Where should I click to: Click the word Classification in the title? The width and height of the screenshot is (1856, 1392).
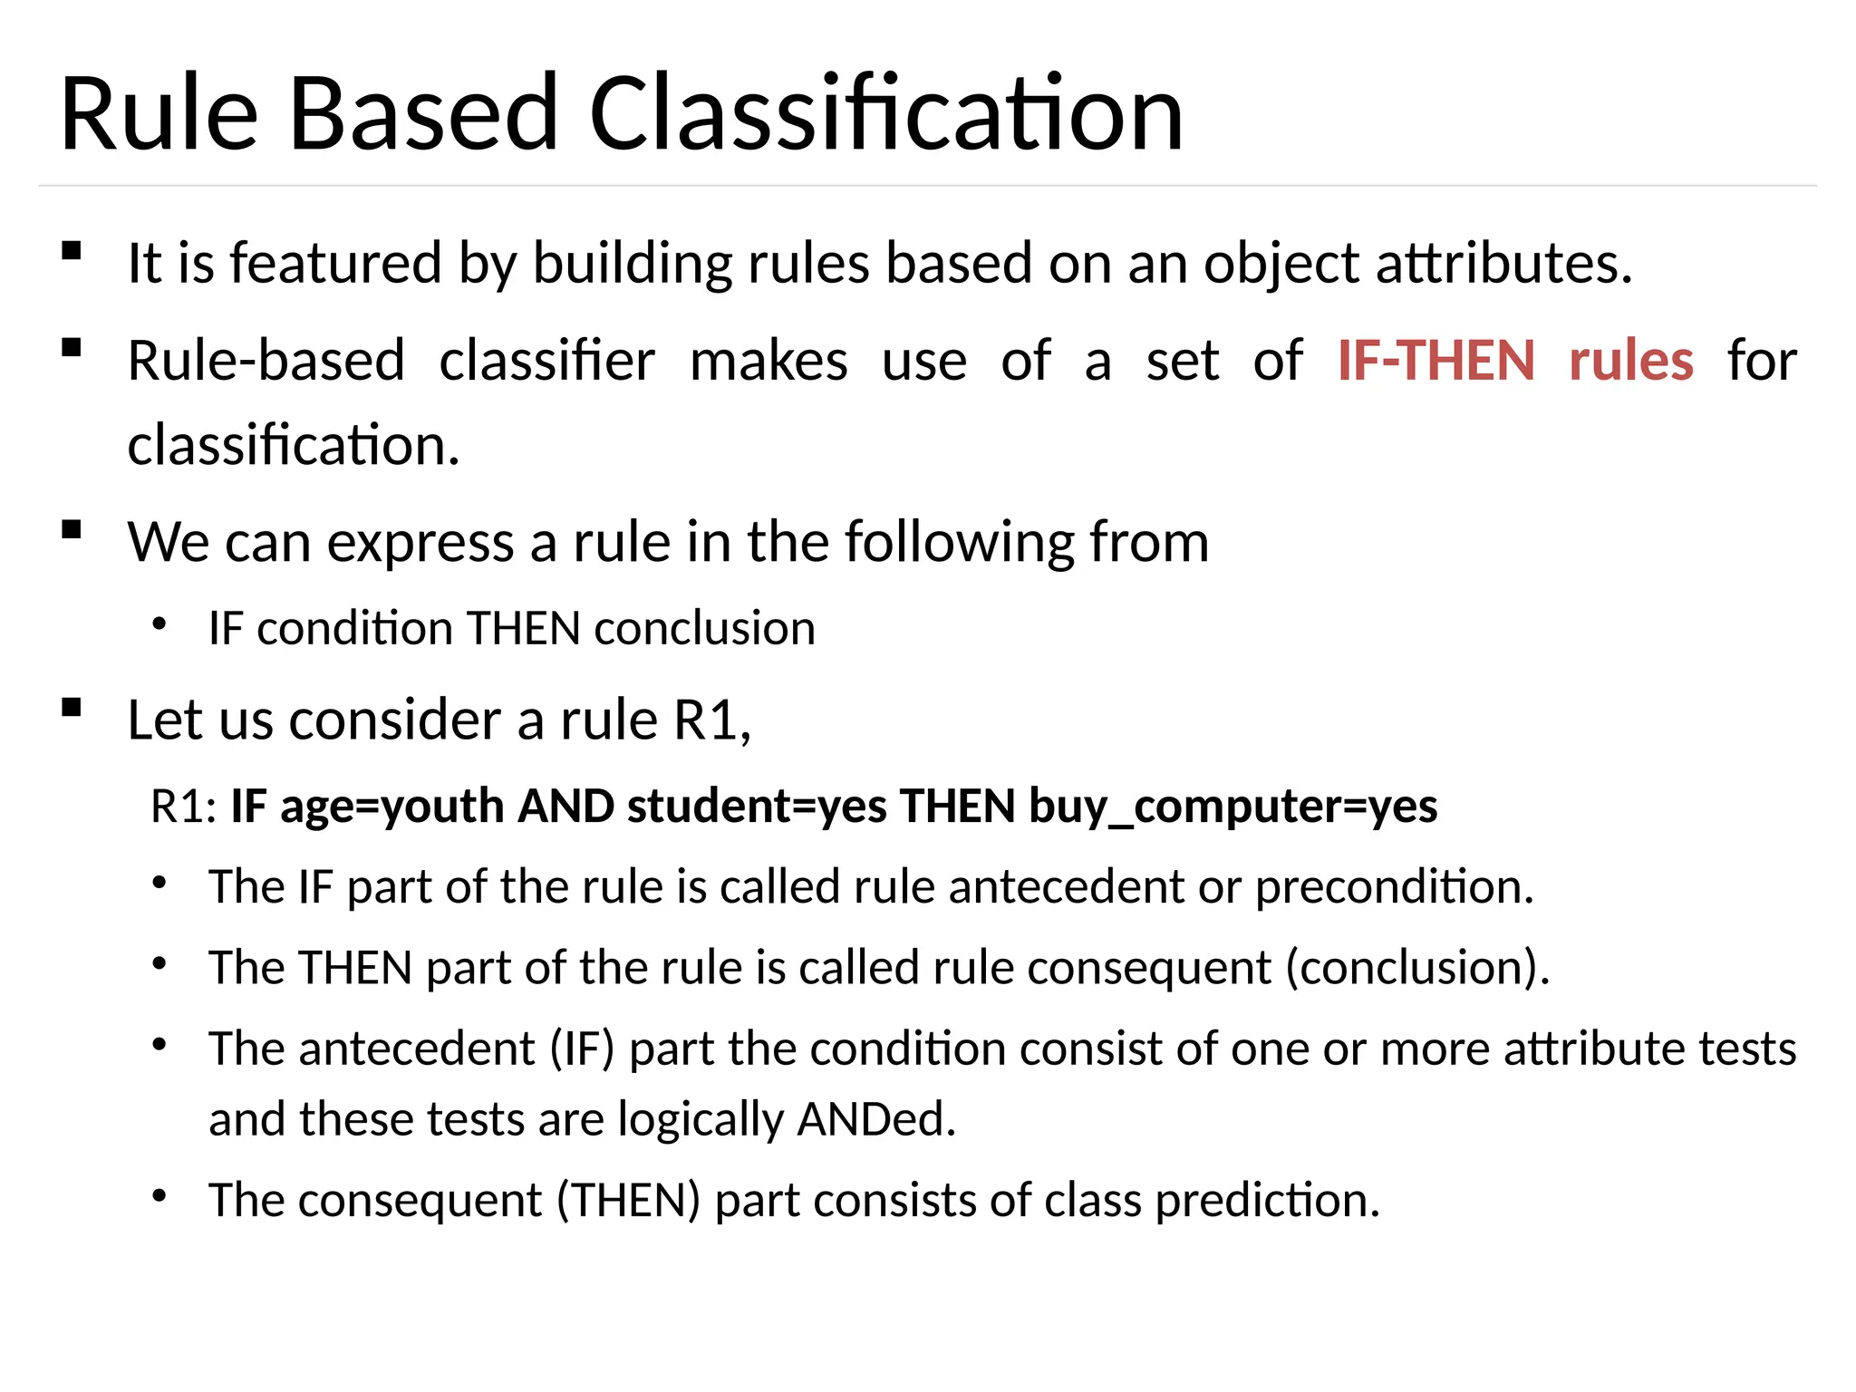click(886, 114)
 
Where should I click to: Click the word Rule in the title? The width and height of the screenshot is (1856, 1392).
click(159, 114)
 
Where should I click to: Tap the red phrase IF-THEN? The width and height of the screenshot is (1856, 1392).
click(1436, 361)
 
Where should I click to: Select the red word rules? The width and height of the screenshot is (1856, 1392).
click(1630, 361)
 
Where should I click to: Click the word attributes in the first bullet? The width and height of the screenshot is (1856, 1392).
click(1504, 264)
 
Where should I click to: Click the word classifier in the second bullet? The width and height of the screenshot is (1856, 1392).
click(546, 361)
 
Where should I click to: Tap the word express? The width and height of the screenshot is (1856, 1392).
click(420, 543)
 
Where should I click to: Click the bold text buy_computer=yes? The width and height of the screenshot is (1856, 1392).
click(1232, 806)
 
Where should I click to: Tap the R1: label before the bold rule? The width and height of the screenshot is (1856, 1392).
click(183, 806)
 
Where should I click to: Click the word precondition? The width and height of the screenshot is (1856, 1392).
click(1394, 886)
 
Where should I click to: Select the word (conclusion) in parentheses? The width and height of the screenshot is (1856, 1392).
click(1417, 967)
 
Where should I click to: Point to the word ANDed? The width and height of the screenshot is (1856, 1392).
click(875, 1119)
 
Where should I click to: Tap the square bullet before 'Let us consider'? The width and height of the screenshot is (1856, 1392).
click(72, 708)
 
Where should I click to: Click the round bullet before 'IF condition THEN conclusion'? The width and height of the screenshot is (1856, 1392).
click(160, 623)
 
